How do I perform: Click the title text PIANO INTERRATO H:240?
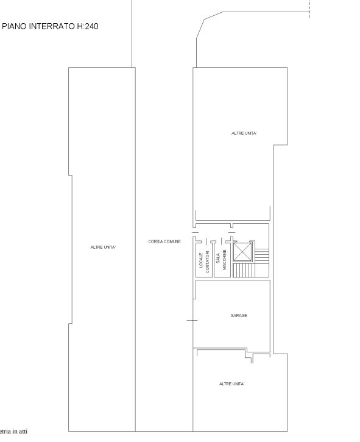point(51,26)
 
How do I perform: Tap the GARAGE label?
point(239,315)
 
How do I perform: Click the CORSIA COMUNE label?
point(164,241)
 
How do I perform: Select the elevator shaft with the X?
point(242,252)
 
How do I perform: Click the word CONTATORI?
point(207,262)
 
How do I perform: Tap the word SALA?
point(217,259)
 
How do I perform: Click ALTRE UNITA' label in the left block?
point(103,247)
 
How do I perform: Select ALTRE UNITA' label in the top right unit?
point(244,133)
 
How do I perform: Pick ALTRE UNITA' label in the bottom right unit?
point(231,383)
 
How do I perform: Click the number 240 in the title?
point(90,26)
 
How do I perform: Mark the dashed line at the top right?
point(309,7)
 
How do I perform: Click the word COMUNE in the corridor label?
point(172,241)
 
